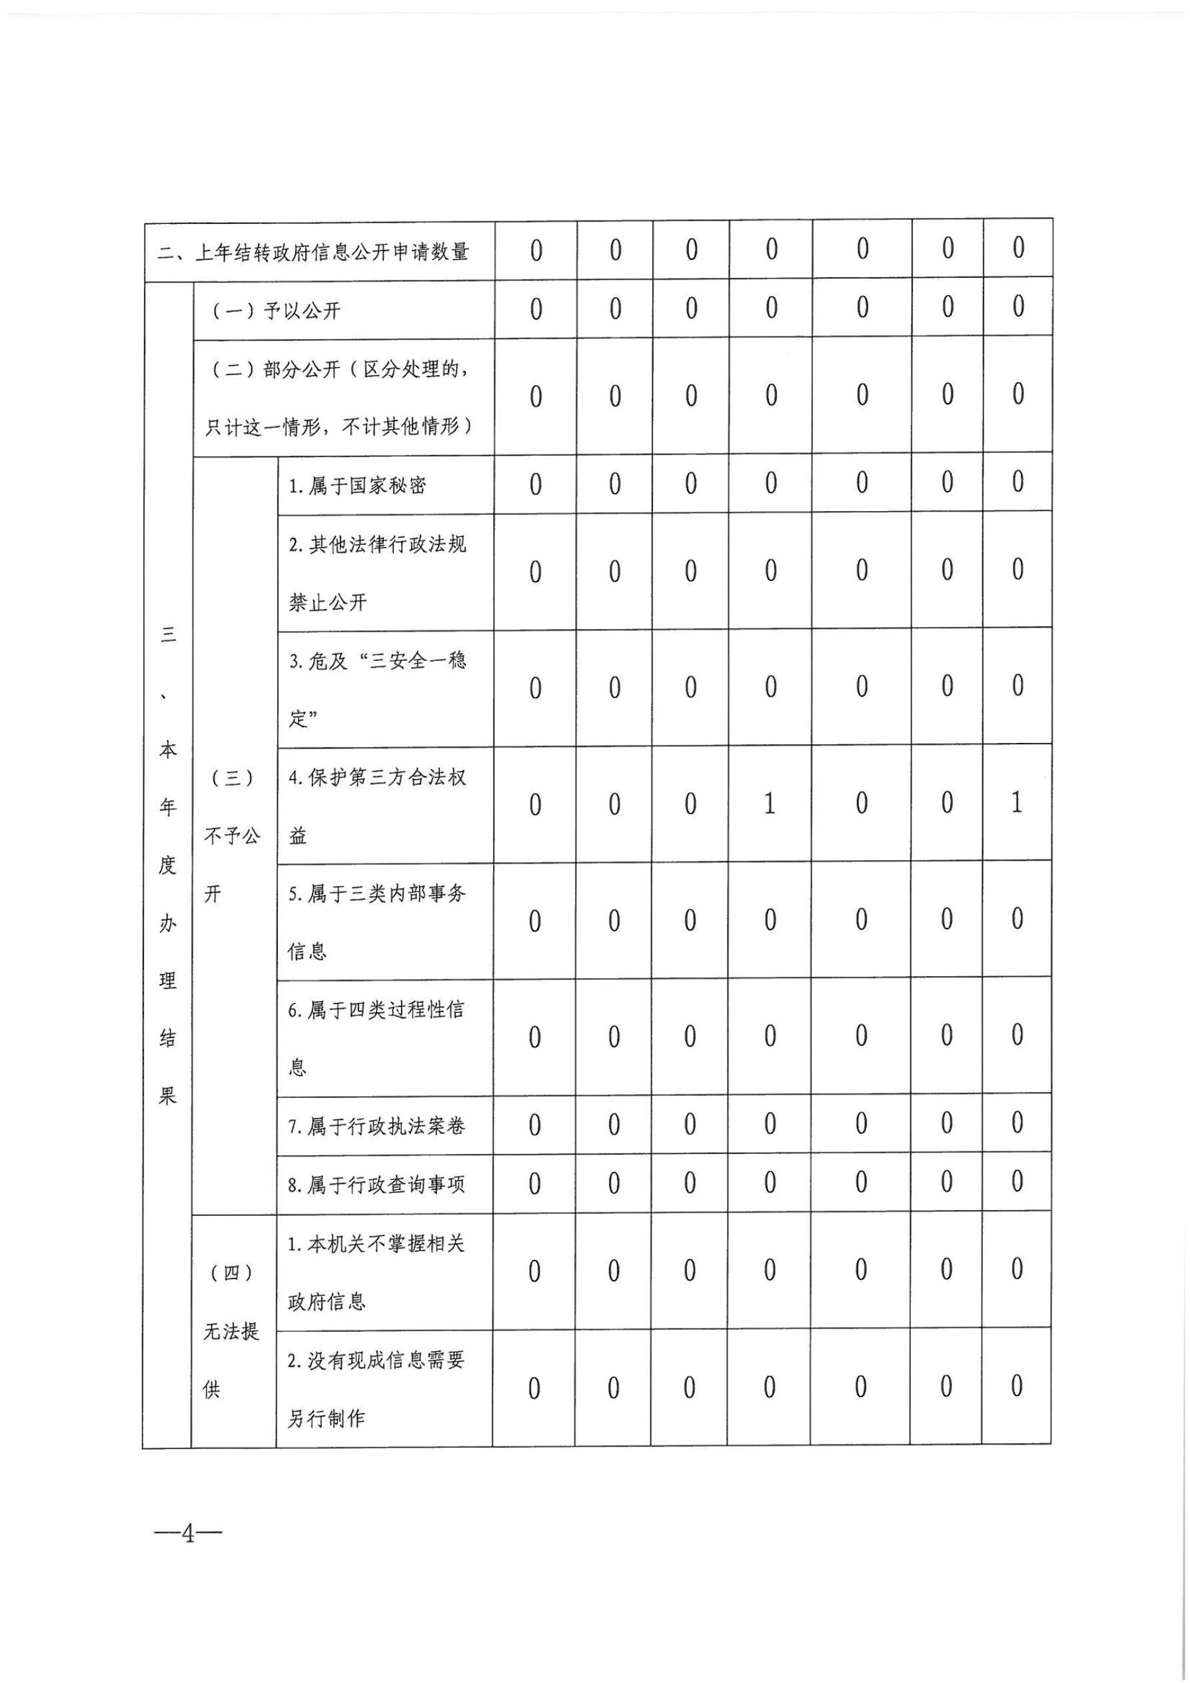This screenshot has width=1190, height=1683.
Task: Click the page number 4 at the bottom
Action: point(189,1534)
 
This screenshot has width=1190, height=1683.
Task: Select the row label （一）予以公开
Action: point(277,310)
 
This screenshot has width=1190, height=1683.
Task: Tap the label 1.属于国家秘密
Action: point(357,486)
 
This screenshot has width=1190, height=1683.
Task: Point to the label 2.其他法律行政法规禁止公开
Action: point(377,573)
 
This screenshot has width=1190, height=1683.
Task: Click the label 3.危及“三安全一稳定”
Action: point(377,690)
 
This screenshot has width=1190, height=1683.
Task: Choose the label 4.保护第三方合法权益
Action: point(377,806)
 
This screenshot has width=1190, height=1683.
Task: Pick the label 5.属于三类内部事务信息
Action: point(377,922)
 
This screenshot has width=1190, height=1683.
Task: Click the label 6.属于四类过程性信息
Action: point(375,1039)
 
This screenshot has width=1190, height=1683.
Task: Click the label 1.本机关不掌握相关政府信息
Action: point(375,1273)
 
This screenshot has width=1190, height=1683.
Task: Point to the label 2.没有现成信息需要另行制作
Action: point(375,1390)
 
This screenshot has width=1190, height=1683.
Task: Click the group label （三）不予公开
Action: point(232,836)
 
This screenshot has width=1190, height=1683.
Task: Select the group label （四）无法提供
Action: point(231,1331)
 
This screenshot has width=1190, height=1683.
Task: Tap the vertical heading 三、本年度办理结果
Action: point(168,865)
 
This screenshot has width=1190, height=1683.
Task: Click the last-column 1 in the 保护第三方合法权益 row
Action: point(1016,804)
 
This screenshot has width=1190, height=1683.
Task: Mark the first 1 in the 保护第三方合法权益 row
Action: point(769,804)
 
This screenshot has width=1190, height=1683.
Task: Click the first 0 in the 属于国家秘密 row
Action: point(535,484)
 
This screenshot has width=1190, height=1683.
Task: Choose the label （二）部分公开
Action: point(339,397)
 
